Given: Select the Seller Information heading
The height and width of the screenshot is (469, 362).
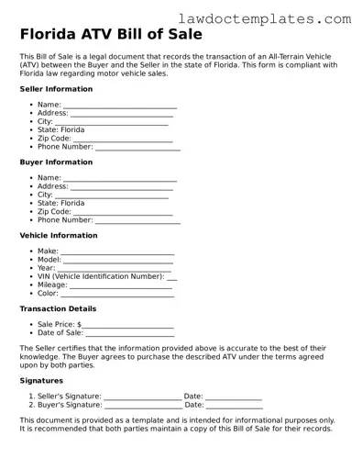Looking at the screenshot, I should [x=56, y=89].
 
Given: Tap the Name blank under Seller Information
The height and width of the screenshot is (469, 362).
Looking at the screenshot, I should [x=120, y=107].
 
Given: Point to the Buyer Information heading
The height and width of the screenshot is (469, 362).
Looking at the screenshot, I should [x=56, y=162].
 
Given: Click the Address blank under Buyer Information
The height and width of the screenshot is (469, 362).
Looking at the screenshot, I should [x=125, y=186].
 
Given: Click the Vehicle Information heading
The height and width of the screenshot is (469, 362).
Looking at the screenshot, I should [x=58, y=235].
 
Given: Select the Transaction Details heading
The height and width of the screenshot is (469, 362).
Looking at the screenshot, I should [x=58, y=309].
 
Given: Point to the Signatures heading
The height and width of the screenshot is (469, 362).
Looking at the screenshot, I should [x=41, y=380].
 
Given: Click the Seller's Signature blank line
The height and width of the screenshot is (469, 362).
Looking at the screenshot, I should [x=142, y=396].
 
